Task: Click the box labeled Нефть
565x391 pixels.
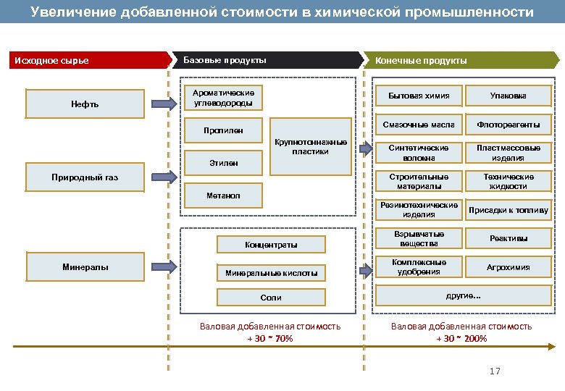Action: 85,104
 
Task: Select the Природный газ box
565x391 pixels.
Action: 85,177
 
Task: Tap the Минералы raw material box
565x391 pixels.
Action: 85,267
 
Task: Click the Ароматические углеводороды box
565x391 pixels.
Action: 223,98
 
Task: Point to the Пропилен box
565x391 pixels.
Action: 223,131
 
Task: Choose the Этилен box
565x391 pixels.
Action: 223,164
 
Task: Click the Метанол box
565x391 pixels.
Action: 223,195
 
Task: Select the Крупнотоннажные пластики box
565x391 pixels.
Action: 310,146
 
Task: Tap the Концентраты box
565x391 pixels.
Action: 271,245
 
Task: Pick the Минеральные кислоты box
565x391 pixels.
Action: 271,273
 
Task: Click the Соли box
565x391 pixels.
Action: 271,298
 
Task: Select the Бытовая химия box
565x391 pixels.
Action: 419,96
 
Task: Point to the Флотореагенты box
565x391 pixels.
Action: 508,125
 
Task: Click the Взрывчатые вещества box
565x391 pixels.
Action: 419,239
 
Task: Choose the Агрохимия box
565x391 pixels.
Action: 508,267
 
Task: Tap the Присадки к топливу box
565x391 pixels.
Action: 508,211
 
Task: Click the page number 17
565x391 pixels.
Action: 495,371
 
